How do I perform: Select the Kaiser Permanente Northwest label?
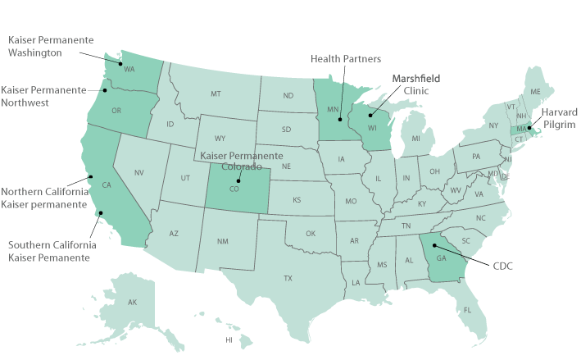point(43,96)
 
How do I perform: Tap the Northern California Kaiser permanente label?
point(44,197)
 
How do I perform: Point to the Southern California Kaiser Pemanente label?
point(52,251)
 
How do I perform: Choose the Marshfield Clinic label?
point(415,84)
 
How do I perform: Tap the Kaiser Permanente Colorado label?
point(242,161)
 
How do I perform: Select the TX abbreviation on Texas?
point(288,278)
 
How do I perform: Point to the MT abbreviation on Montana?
point(216,94)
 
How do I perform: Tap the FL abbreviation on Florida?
point(467,310)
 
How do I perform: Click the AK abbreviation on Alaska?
point(132,303)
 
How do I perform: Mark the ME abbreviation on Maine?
point(536,91)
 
